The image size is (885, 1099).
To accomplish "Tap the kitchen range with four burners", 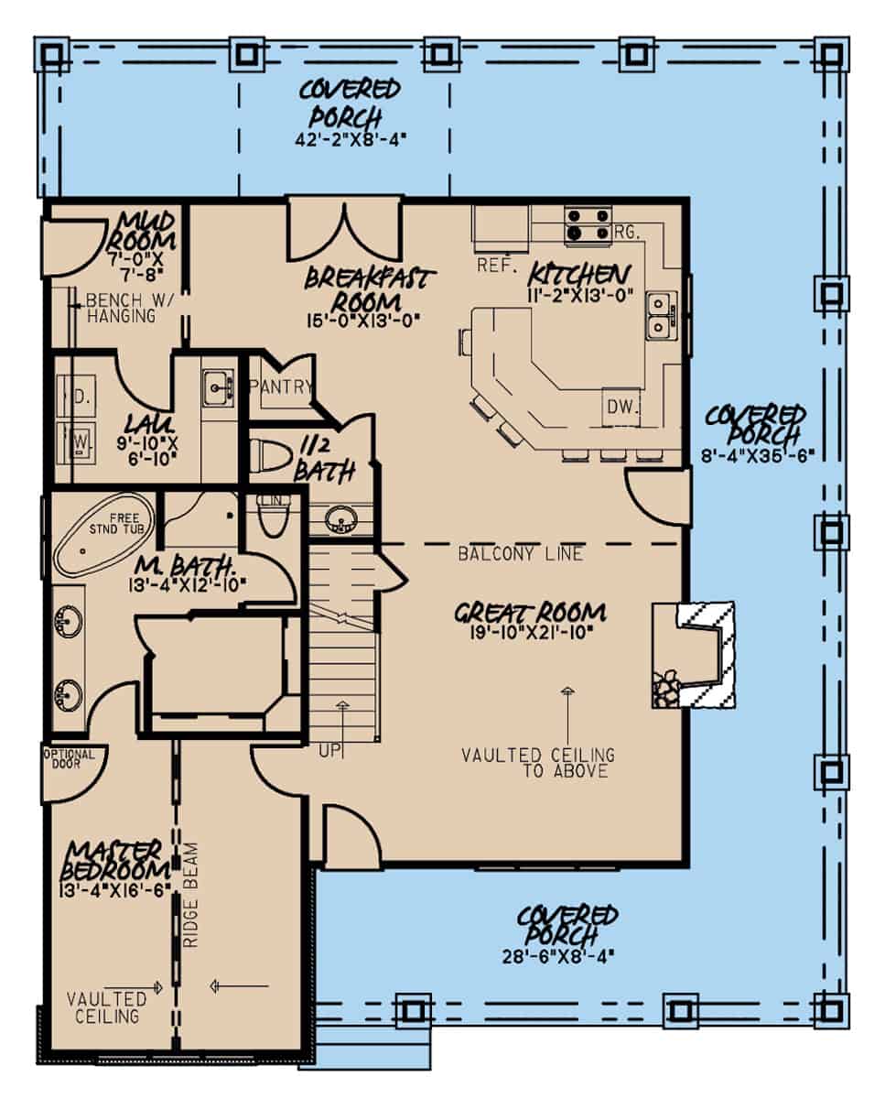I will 588,224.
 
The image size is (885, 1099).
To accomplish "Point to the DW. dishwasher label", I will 621,407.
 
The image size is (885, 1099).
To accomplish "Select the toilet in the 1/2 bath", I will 268,454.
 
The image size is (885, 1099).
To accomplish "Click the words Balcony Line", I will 520,554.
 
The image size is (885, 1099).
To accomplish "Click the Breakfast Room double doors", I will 344,229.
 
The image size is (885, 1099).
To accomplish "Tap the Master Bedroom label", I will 114,858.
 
